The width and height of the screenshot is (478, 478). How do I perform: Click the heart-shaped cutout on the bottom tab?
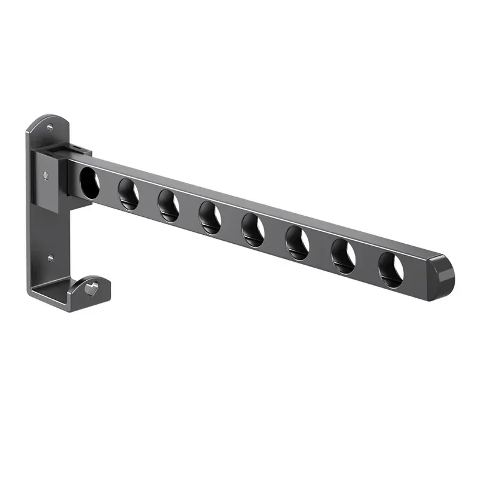point(90,289)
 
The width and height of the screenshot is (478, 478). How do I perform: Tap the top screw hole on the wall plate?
point(50,127)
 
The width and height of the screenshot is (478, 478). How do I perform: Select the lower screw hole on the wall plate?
point(50,258)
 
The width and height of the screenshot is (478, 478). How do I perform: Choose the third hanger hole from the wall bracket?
point(168,204)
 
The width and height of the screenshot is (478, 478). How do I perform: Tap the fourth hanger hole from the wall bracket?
point(210,217)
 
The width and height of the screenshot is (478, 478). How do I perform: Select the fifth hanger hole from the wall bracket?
point(253,230)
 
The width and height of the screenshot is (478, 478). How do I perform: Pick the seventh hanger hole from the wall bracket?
point(343,256)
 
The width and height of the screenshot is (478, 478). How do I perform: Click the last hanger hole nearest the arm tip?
point(391,269)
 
